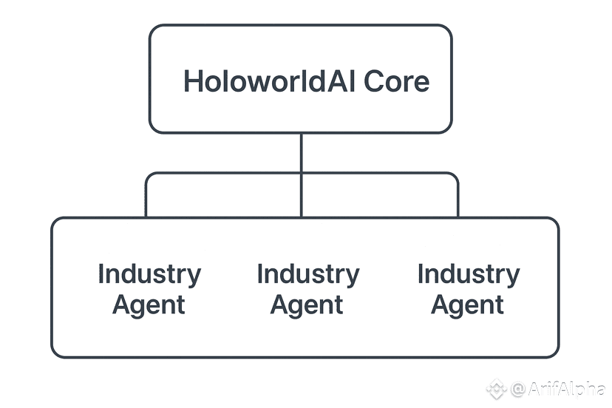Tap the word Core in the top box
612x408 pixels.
click(397, 81)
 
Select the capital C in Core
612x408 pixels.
click(374, 81)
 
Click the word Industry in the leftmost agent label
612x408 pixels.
click(149, 275)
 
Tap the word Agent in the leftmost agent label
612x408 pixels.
click(149, 305)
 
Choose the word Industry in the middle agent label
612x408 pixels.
click(307, 275)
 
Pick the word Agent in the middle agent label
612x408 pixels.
click(307, 305)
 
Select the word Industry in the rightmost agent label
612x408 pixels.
click(469, 275)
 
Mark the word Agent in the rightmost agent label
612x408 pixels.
click(469, 305)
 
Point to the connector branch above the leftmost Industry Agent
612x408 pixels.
click(146, 197)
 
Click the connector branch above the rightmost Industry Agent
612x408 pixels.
click(458, 197)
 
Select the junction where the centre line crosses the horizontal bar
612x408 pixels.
click(301, 174)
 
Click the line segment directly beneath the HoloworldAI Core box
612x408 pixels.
click(301, 152)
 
